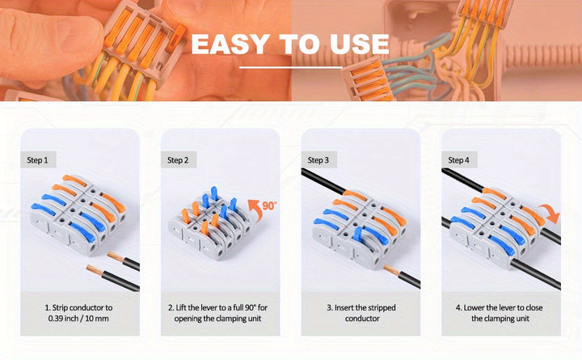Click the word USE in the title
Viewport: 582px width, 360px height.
(x=359, y=44)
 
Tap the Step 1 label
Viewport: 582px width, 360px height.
(x=37, y=160)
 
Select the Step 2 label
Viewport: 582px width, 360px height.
(x=178, y=160)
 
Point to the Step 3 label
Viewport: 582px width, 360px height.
(x=318, y=160)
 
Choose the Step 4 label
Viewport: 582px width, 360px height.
(x=458, y=160)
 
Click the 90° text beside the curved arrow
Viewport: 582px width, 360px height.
(x=269, y=205)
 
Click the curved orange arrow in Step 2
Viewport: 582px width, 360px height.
(x=253, y=210)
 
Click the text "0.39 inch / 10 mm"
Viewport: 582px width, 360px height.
(x=78, y=319)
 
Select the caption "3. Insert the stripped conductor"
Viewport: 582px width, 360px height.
(x=361, y=313)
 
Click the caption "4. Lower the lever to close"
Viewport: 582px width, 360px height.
(x=500, y=307)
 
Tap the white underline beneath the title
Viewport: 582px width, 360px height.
(x=291, y=68)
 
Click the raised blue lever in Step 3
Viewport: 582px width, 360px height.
(x=358, y=235)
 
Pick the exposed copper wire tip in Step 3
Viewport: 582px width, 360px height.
(x=392, y=269)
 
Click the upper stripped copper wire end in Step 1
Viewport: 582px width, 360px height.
(x=116, y=256)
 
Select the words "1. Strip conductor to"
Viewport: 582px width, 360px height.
(x=78, y=307)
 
